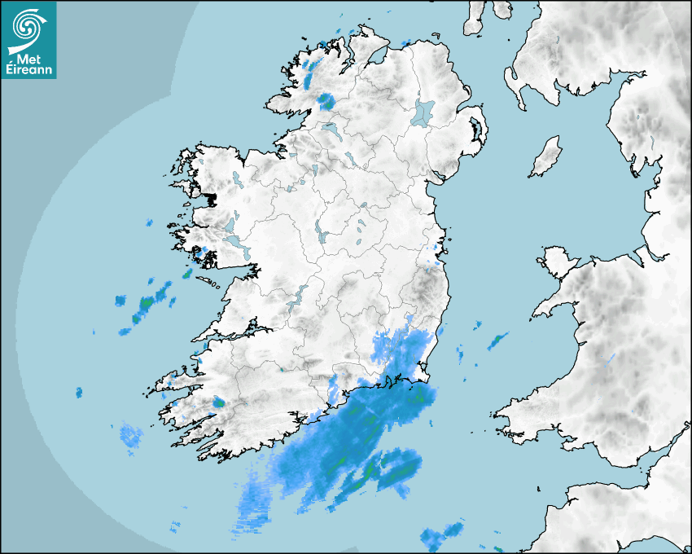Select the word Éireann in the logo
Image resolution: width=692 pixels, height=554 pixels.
pyautogui.click(x=29, y=68)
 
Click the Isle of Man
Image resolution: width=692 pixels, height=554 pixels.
pyautogui.click(x=546, y=157)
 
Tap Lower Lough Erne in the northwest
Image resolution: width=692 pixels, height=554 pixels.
pyautogui.click(x=332, y=130)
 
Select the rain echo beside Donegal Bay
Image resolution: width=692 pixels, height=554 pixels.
pyautogui.click(x=326, y=101)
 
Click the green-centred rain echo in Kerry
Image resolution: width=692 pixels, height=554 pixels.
pyautogui.click(x=218, y=402)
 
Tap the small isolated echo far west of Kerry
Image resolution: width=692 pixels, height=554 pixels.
pyautogui.click(x=79, y=393)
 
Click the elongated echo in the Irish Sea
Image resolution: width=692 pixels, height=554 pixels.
pyautogui.click(x=497, y=341)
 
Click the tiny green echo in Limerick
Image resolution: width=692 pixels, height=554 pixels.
pyautogui.click(x=280, y=369)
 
